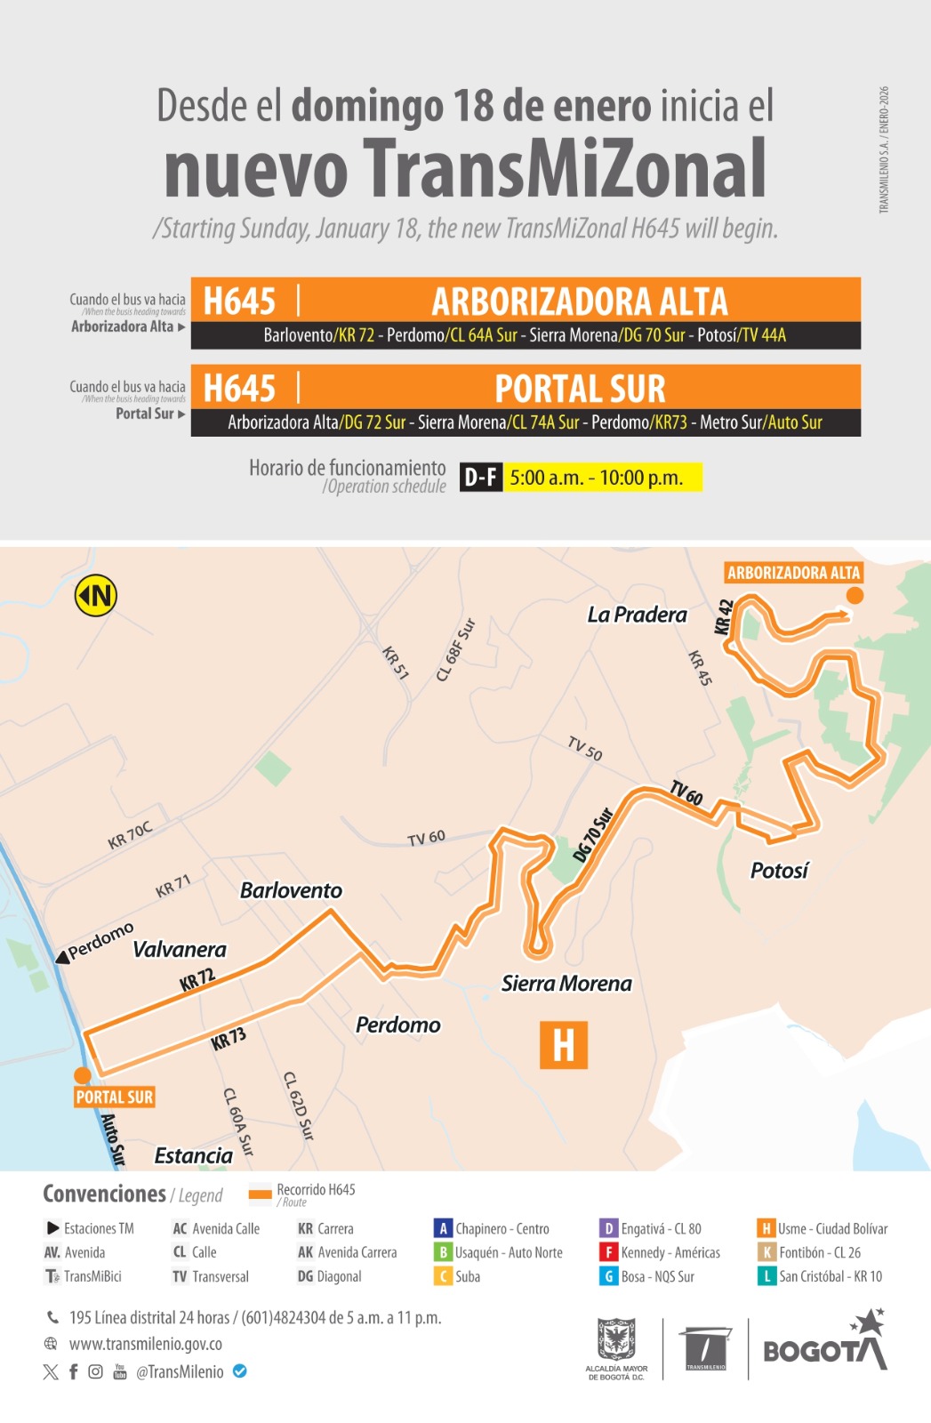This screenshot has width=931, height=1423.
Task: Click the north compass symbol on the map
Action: [96, 595]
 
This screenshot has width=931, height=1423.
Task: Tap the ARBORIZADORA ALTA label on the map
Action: [793, 573]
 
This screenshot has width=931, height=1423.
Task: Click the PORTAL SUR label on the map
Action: [115, 1097]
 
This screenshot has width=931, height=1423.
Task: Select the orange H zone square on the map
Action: [564, 1045]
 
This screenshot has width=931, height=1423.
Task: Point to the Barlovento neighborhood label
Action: [291, 890]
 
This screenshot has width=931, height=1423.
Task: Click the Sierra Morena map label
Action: [566, 984]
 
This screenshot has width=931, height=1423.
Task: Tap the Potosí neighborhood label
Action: [779, 871]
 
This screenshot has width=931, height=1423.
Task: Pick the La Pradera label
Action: [637, 615]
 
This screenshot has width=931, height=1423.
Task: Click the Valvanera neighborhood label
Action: [179, 950]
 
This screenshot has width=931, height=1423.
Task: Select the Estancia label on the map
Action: [193, 1155]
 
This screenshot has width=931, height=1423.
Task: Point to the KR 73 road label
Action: [229, 1039]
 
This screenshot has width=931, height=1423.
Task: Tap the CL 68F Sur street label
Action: [456, 650]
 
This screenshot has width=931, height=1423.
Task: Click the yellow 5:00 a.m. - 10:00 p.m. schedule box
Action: [604, 478]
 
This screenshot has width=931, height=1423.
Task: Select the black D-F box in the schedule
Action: [481, 478]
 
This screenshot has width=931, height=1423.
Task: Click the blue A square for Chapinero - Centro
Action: [443, 1228]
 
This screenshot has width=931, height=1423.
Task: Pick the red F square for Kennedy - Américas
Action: [609, 1252]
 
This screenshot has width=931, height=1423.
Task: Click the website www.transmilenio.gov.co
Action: [146, 1344]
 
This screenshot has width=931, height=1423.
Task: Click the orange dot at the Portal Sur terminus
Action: [82, 1074]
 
